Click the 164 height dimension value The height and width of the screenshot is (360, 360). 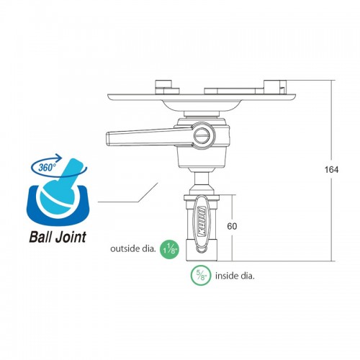(331, 170)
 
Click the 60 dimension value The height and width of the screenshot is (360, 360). (232, 226)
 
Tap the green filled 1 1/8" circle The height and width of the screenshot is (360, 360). (170, 250)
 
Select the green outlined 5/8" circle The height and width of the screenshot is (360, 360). (201, 275)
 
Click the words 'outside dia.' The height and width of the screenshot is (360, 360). (132, 248)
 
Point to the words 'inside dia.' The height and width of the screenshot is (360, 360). (235, 276)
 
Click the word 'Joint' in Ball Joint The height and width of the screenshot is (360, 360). (71, 237)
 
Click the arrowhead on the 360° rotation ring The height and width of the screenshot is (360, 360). (59, 158)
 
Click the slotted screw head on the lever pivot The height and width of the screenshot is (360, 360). (204, 136)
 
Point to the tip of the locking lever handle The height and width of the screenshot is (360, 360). (107, 138)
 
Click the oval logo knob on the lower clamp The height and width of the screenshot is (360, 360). (201, 221)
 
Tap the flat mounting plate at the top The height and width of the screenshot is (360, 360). (202, 97)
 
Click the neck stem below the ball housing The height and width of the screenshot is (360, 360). (201, 179)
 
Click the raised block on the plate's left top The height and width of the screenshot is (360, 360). (167, 87)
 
